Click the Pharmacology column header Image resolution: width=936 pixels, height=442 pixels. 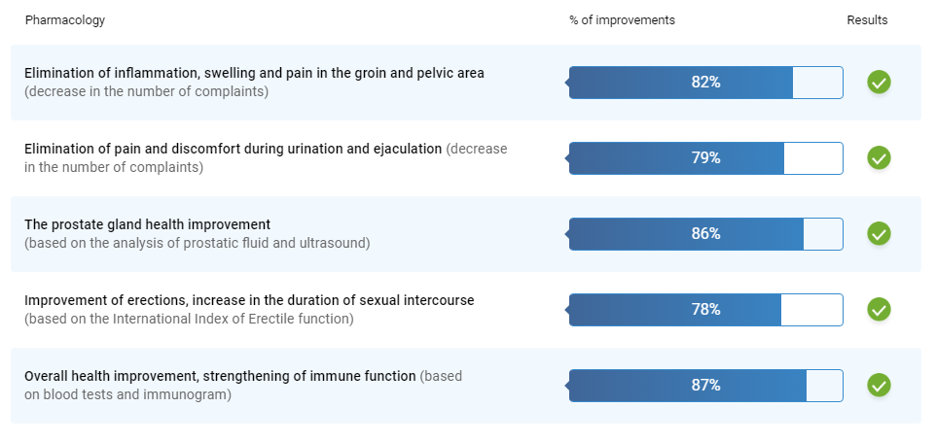pos(65,20)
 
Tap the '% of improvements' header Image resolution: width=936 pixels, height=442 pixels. pos(622,20)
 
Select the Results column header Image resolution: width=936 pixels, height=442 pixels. pos(867,20)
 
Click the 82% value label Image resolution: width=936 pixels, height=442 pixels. pos(706,83)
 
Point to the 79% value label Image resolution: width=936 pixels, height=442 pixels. pos(706,157)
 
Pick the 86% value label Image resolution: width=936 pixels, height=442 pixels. pos(706,233)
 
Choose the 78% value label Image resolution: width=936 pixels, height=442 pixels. pos(706,309)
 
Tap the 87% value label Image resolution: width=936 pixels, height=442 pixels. pos(706,385)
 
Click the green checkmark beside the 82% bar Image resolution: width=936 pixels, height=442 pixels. pos(879,83)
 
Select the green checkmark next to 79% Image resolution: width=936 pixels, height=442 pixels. pos(879,157)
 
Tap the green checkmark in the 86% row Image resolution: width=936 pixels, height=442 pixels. pos(879,233)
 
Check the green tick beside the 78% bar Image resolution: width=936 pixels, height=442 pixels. pos(879,309)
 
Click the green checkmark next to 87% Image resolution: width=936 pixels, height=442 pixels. pos(879,385)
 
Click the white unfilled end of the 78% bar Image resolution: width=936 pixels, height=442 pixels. pos(811,310)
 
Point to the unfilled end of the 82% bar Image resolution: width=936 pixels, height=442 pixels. pos(818,83)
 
